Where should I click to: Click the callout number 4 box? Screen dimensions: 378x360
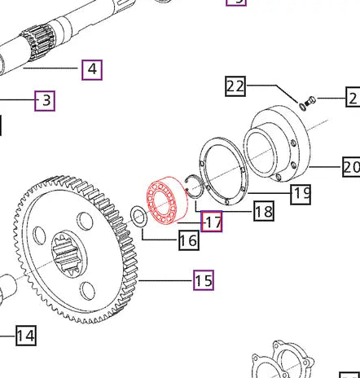point(92,69)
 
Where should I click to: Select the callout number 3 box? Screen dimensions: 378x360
point(45,101)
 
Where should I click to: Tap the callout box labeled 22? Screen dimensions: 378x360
point(235,86)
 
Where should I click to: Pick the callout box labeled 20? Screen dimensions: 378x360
point(351,167)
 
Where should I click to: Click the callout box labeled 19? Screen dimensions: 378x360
point(301,194)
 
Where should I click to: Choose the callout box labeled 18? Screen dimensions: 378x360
point(263,211)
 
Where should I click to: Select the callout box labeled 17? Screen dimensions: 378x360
point(212,222)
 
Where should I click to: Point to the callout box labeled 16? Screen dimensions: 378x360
point(188,240)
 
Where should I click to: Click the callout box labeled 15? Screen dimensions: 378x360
point(203,281)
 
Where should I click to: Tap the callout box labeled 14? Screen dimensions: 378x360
point(25,335)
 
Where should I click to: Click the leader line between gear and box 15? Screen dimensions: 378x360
point(166,281)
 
